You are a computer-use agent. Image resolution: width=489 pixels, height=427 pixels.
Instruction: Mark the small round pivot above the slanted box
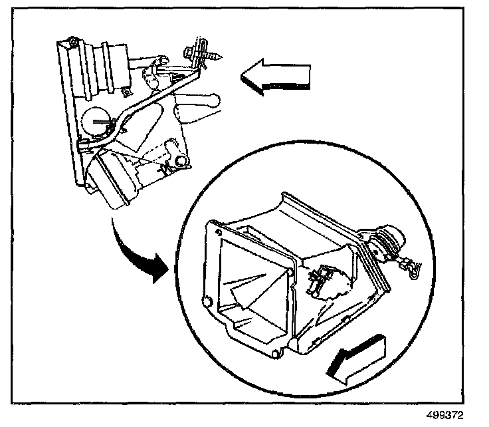[x=179, y=162]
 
